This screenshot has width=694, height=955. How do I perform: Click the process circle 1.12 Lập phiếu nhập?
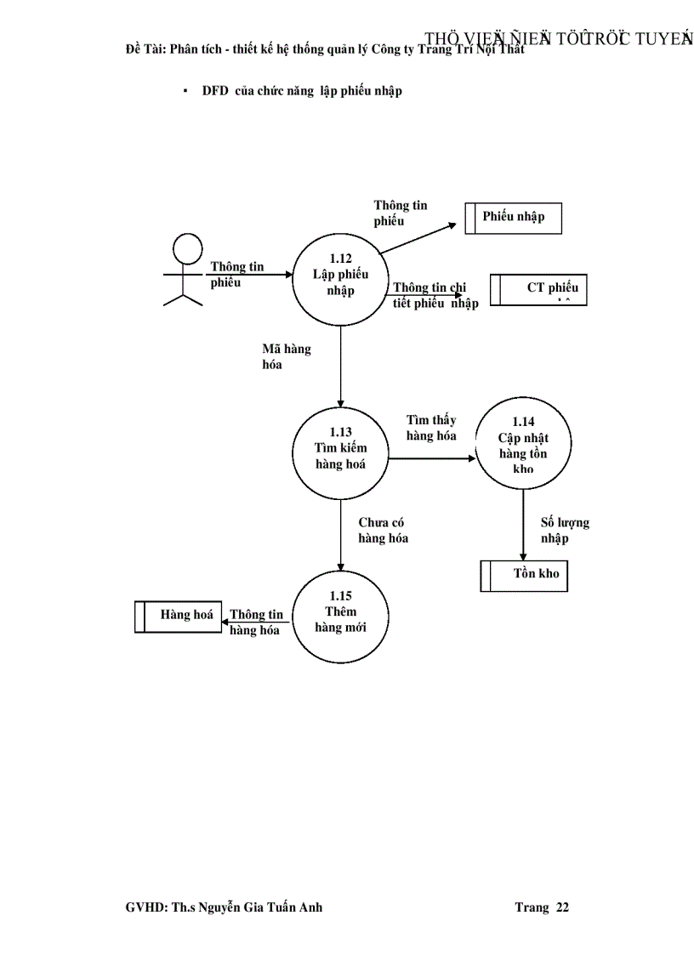click(340, 276)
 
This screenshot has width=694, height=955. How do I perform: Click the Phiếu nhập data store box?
click(514, 217)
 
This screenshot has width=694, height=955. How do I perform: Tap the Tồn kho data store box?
click(524, 575)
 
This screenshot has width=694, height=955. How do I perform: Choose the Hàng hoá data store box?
click(178, 616)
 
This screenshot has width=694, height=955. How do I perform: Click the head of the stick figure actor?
click(186, 248)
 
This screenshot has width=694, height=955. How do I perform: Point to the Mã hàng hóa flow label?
click(286, 357)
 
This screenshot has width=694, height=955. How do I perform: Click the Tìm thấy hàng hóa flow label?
click(431, 428)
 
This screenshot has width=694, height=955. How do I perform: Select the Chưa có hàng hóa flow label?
click(383, 531)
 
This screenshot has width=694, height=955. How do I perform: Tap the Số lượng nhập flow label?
click(565, 531)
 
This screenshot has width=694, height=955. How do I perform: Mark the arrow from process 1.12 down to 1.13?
click(340, 366)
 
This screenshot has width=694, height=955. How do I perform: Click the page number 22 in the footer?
click(562, 907)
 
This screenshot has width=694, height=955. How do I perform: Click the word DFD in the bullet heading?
click(215, 91)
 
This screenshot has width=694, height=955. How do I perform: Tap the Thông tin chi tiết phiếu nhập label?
click(435, 295)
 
